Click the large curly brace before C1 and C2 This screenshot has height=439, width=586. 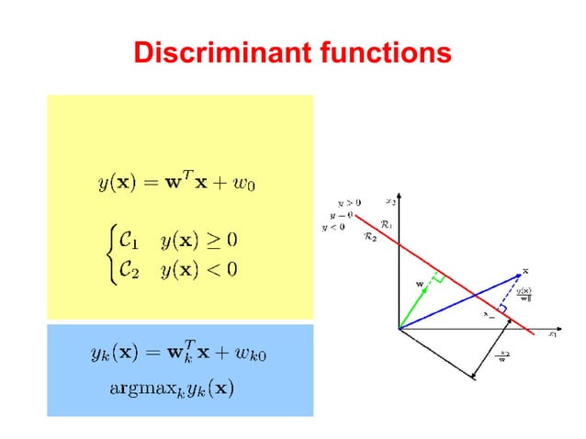[x=106, y=254]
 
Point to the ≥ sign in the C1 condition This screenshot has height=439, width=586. [x=217, y=242]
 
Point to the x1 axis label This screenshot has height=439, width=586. [x=553, y=334]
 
